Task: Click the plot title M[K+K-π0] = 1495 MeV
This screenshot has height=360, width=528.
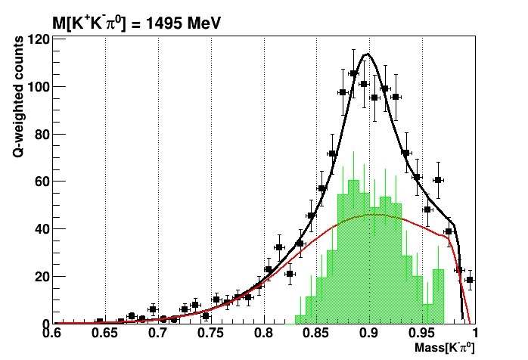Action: (136, 23)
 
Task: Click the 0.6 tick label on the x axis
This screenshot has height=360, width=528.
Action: (52, 333)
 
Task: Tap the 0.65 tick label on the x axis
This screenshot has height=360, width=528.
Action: (105, 333)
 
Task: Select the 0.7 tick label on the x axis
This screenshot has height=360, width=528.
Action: (158, 333)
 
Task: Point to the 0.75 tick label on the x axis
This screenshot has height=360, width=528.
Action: (210, 333)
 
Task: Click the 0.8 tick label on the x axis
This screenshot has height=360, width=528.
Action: (263, 333)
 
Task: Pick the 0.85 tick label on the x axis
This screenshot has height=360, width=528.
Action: (316, 333)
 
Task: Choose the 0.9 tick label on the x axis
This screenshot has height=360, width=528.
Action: (369, 333)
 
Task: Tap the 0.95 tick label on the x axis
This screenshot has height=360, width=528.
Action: (421, 333)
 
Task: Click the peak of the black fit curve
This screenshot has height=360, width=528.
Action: (368, 54)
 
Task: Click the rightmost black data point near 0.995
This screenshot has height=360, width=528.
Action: (469, 280)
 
